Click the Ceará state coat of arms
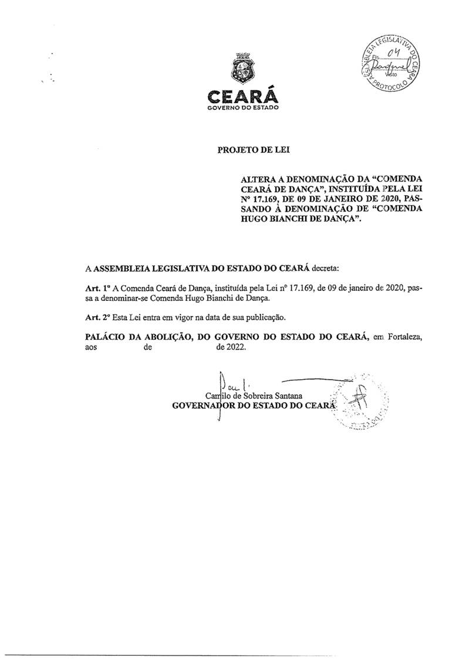click(x=241, y=70)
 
